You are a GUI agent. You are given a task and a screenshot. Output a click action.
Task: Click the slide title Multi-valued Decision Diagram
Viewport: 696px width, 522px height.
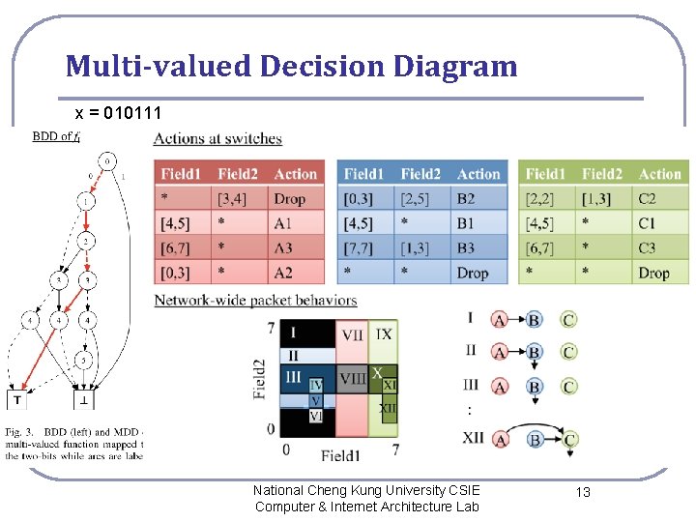pyautogui.click(x=292, y=67)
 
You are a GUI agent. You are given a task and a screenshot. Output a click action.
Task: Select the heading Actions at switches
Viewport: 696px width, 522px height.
pyautogui.click(x=217, y=139)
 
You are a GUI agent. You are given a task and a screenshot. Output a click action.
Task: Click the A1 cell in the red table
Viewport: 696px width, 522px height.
pyautogui.click(x=283, y=223)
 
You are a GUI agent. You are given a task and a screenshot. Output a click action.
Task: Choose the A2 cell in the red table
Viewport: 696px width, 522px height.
pyautogui.click(x=283, y=274)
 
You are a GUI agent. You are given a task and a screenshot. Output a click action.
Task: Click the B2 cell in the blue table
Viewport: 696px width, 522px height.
pyautogui.click(x=468, y=199)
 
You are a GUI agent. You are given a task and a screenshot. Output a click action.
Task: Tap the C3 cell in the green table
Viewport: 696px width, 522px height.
pyautogui.click(x=647, y=248)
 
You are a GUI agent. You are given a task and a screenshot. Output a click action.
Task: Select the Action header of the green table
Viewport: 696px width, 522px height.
pyautogui.click(x=659, y=174)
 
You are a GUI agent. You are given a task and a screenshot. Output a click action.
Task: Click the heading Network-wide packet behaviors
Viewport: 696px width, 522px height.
pyautogui.click(x=255, y=301)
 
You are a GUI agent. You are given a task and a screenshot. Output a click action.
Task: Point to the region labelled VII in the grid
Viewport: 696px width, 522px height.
pyautogui.click(x=352, y=334)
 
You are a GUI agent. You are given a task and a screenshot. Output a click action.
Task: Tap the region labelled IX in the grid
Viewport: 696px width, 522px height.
pyautogui.click(x=384, y=334)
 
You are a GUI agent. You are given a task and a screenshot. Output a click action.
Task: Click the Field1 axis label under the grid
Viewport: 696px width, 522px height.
pyautogui.click(x=341, y=453)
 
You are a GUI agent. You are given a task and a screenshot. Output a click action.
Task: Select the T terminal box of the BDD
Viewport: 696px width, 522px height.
pyautogui.click(x=18, y=398)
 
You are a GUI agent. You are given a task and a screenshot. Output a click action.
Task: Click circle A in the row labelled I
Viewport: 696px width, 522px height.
pyautogui.click(x=500, y=319)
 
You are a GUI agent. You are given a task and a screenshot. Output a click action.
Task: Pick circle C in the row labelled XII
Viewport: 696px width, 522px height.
pyautogui.click(x=569, y=439)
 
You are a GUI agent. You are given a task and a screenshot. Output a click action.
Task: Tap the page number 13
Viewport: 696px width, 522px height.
pyautogui.click(x=583, y=493)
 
